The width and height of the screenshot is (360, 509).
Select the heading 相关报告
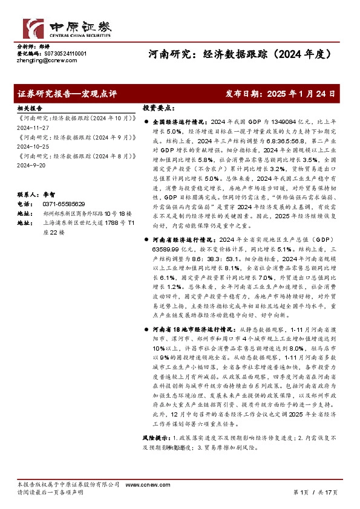click(28, 106)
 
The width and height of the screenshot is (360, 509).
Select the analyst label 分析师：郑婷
click(33, 47)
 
